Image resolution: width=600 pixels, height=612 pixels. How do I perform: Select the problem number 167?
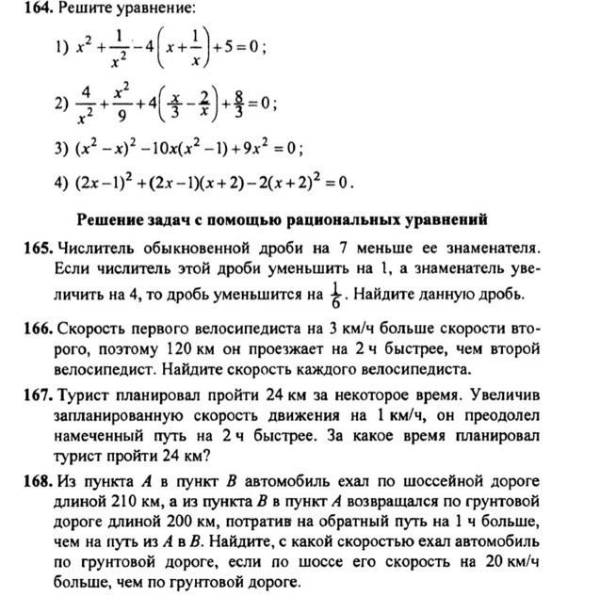(x=39, y=392)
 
